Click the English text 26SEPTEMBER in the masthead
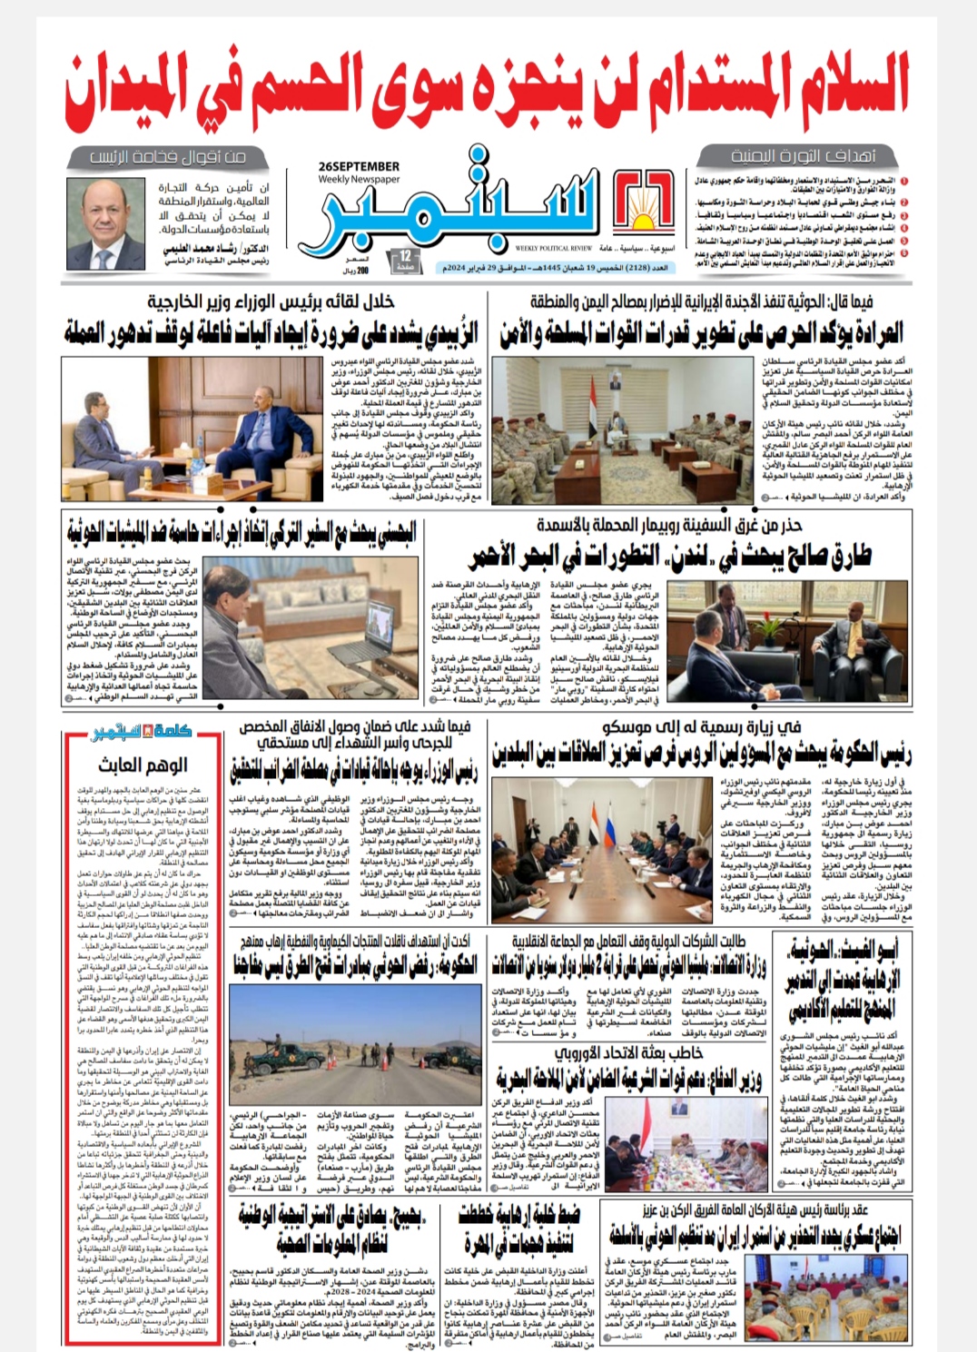360,167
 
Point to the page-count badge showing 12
405,262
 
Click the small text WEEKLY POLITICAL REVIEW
554,248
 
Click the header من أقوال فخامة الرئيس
169,156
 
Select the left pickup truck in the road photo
273,1053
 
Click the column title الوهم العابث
143,765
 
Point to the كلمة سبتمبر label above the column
143,732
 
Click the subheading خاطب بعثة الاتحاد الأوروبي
627,1052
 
